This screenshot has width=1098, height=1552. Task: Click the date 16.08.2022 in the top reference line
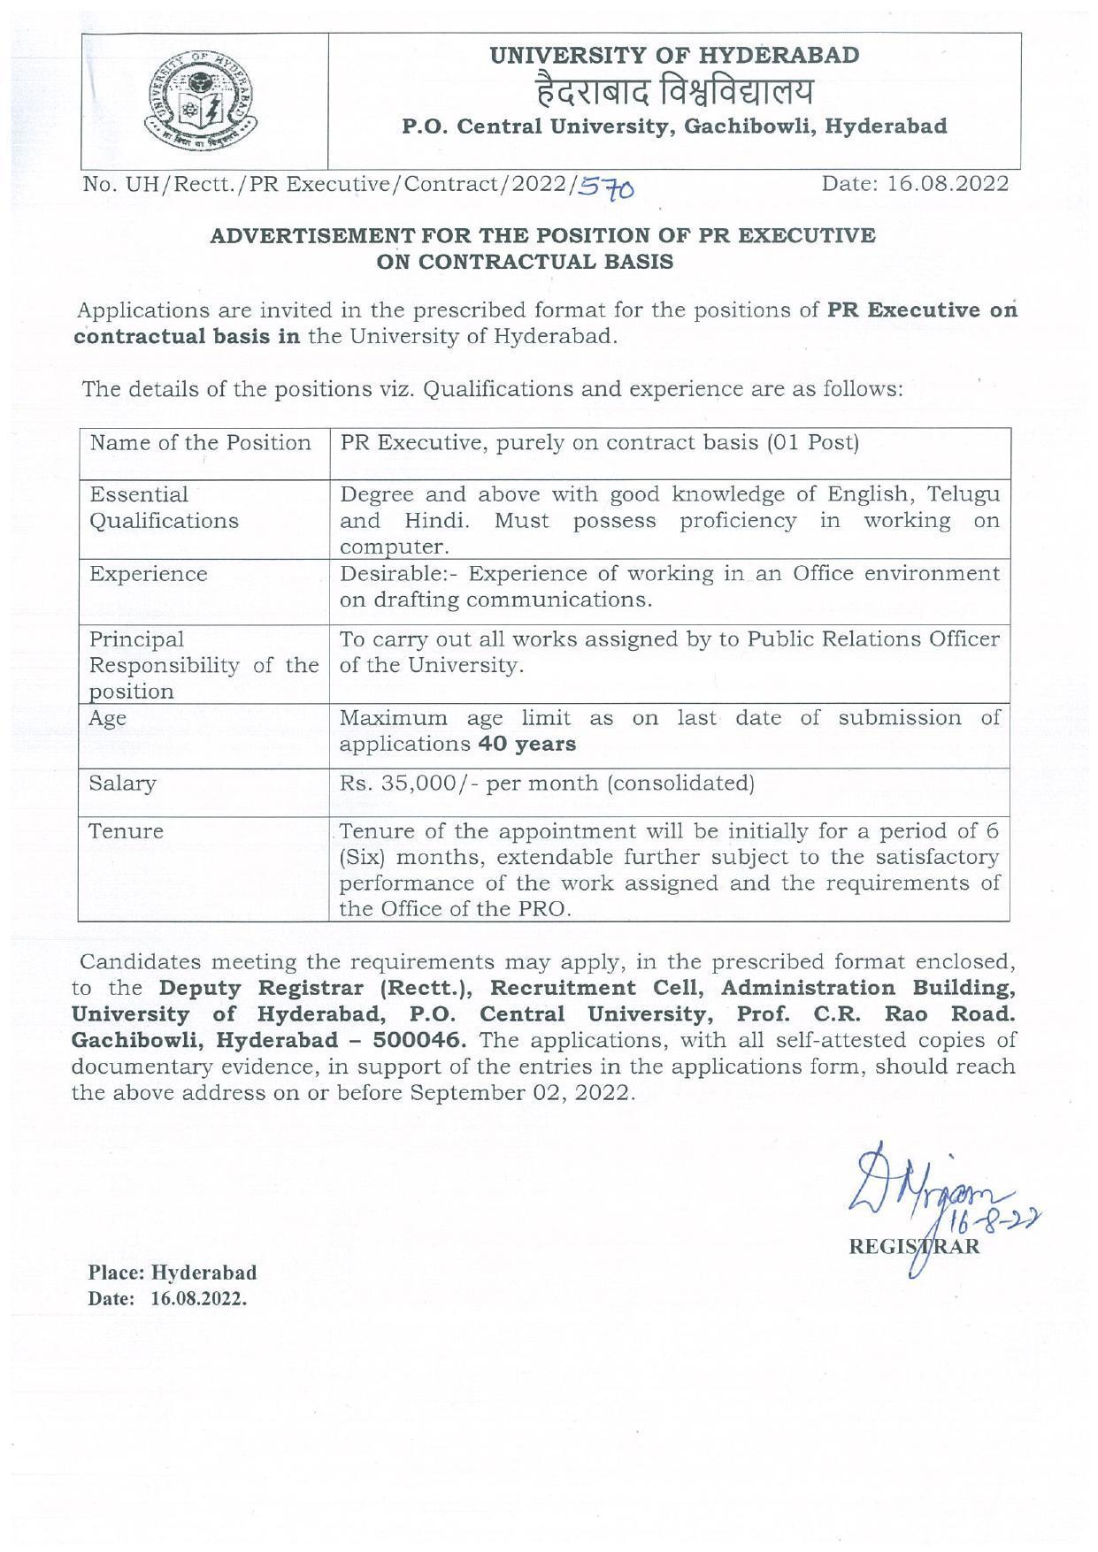click(x=915, y=183)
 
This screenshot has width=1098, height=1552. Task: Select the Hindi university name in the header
click(x=673, y=90)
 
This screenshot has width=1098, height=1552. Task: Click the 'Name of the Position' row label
click(x=200, y=442)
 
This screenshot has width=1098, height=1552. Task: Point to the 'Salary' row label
click(x=122, y=783)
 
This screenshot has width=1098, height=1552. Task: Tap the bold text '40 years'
click(x=527, y=744)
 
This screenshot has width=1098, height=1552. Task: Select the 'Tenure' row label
click(x=126, y=831)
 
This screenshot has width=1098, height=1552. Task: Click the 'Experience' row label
click(x=148, y=574)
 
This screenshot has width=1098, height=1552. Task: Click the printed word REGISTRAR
click(x=914, y=1247)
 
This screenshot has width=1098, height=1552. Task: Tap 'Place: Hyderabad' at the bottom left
click(x=172, y=1273)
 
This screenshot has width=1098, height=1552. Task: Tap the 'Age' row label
click(x=106, y=718)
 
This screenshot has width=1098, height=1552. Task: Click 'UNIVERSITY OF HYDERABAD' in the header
click(x=674, y=55)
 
